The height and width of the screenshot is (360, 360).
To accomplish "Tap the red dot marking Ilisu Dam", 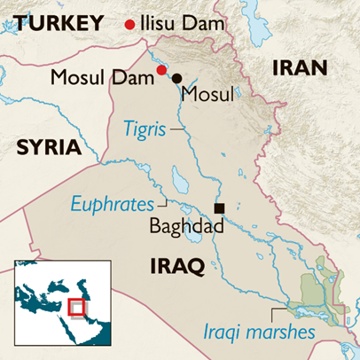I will (131, 24).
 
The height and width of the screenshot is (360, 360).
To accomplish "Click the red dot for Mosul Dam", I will (160, 70).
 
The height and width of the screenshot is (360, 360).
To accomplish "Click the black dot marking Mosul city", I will (176, 78).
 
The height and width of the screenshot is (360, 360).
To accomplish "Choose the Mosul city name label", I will (207, 92).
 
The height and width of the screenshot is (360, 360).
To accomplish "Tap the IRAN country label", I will (299, 67).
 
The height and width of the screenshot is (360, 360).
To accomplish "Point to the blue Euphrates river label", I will (114, 205).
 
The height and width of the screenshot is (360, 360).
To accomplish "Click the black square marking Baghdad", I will (219, 207).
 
